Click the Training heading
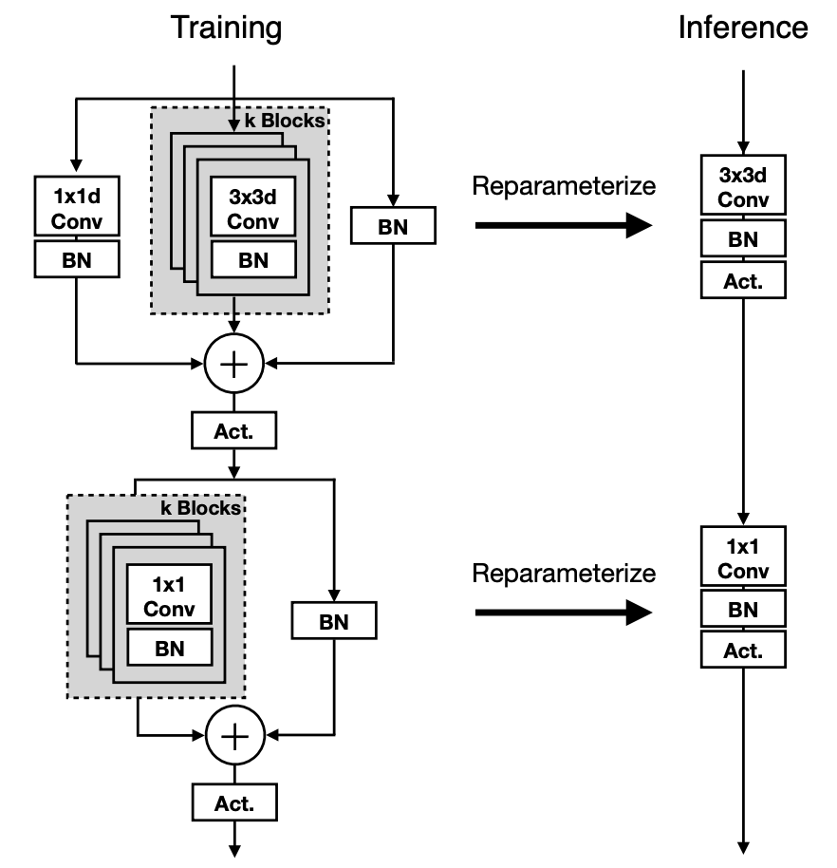[226, 28]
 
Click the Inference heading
[743, 28]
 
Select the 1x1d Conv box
[77, 206]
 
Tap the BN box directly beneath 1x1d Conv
[77, 259]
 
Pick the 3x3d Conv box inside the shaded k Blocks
[253, 206]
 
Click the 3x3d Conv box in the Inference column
[743, 185]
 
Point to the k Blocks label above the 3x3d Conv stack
[285, 120]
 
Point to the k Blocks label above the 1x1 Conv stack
[201, 508]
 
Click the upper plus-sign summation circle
[234, 364]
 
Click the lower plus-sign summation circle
[235, 736]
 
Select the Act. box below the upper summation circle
[234, 430]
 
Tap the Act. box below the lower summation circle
[234, 802]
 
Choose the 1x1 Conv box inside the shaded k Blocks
[169, 594]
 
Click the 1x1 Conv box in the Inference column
[743, 556]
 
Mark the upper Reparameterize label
[564, 186]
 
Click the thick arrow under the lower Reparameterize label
[564, 613]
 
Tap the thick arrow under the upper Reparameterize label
[564, 225]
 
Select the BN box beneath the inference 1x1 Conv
[743, 609]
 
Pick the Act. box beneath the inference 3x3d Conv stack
[743, 280]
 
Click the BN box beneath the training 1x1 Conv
[169, 647]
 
